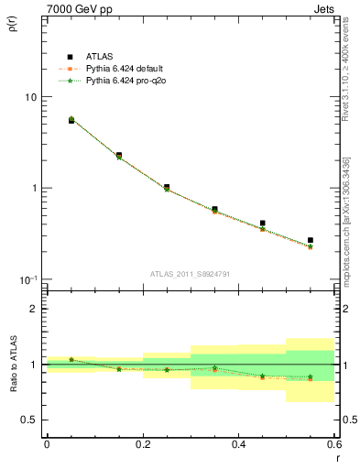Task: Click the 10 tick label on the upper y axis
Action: point(30,97)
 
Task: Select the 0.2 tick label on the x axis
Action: point(143,443)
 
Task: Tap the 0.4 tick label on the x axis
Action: point(239,443)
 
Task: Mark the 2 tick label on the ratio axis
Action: point(33,309)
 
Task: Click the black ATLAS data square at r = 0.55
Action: point(311,240)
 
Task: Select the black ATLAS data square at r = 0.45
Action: point(263,223)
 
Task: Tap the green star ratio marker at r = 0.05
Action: point(71,359)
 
